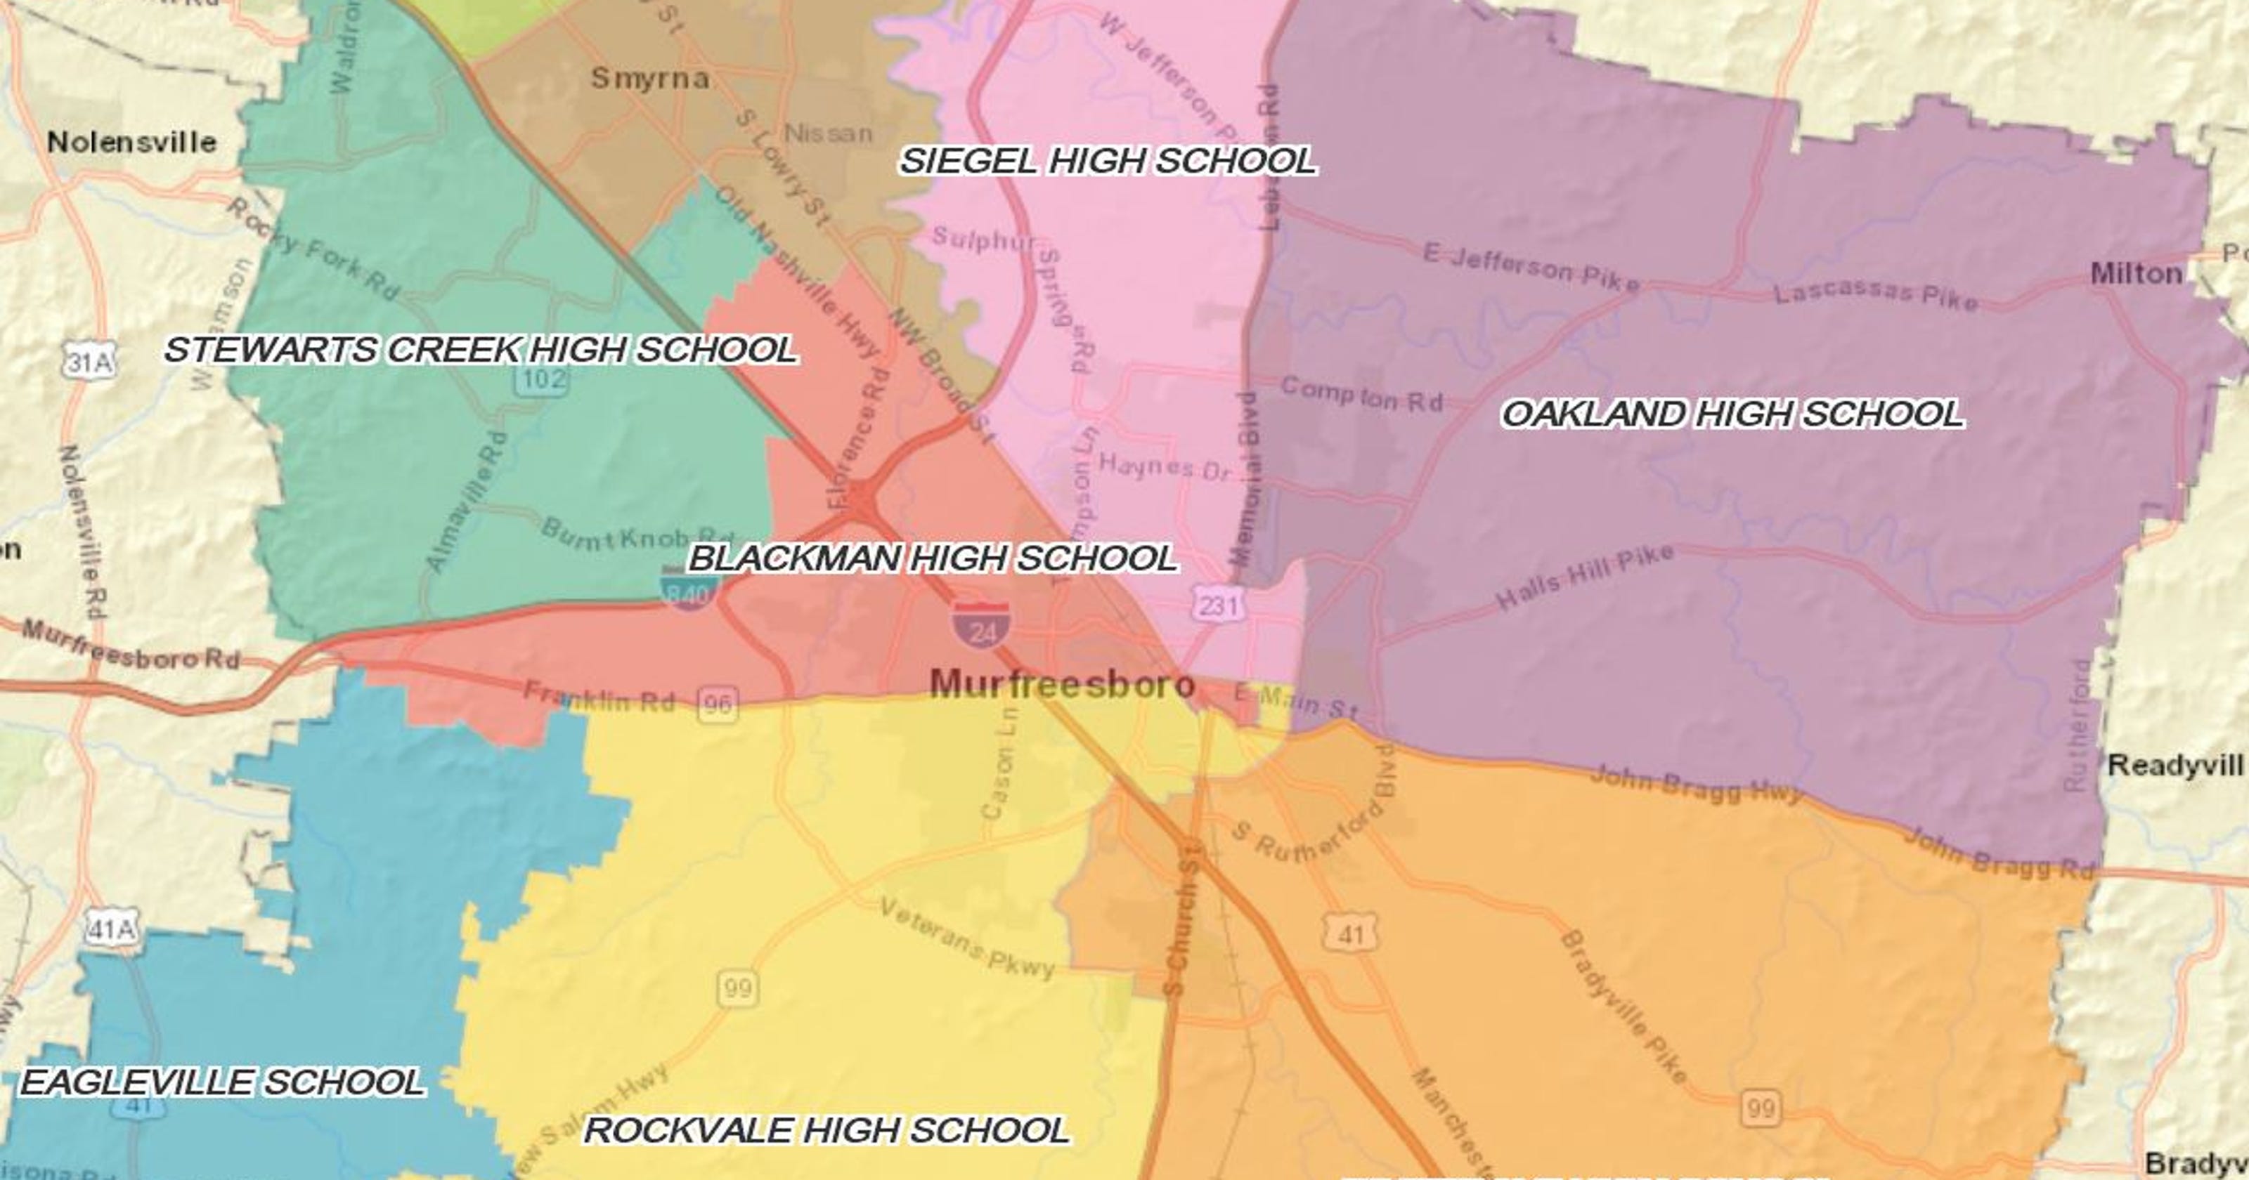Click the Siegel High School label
point(1107,162)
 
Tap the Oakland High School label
point(1732,414)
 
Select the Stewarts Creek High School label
point(480,350)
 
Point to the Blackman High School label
point(933,558)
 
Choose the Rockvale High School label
point(826,1130)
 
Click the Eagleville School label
point(223,1082)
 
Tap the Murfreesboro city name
point(1062,684)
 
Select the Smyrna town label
point(649,79)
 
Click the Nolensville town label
point(132,141)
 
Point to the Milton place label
point(2136,274)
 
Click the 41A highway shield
point(112,929)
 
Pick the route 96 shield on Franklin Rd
point(718,704)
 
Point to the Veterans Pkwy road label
point(966,938)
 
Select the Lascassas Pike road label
point(1875,294)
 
